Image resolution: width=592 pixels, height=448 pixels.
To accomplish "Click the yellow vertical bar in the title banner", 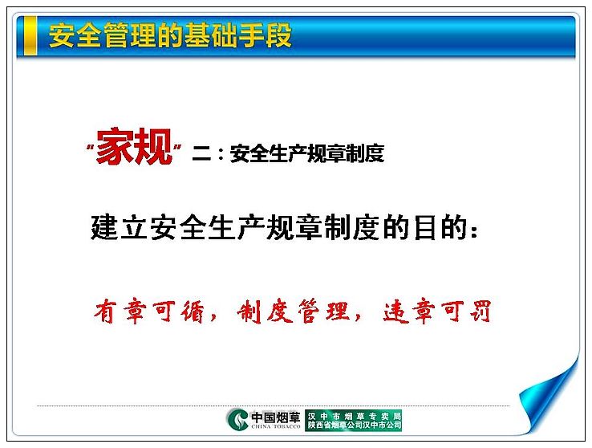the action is [30, 35].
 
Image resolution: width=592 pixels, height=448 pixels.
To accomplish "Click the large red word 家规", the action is [134, 147].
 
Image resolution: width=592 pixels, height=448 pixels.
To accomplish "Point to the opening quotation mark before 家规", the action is [90, 147].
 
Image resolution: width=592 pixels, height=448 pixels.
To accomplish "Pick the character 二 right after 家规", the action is [201, 153].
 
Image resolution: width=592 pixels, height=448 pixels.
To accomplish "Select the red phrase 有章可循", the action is [149, 312].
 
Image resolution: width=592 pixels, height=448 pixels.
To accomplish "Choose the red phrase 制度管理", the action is [293, 312].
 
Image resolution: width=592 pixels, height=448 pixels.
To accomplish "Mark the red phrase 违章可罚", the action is [437, 312].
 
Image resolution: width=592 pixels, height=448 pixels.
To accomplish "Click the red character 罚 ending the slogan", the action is [480, 312].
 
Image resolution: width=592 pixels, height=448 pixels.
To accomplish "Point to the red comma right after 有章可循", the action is [213, 316].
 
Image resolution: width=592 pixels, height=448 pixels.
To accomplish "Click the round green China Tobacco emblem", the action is [237, 419].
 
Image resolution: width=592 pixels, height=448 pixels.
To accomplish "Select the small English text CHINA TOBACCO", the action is [276, 426].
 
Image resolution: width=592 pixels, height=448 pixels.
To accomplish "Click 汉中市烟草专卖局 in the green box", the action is [354, 416].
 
